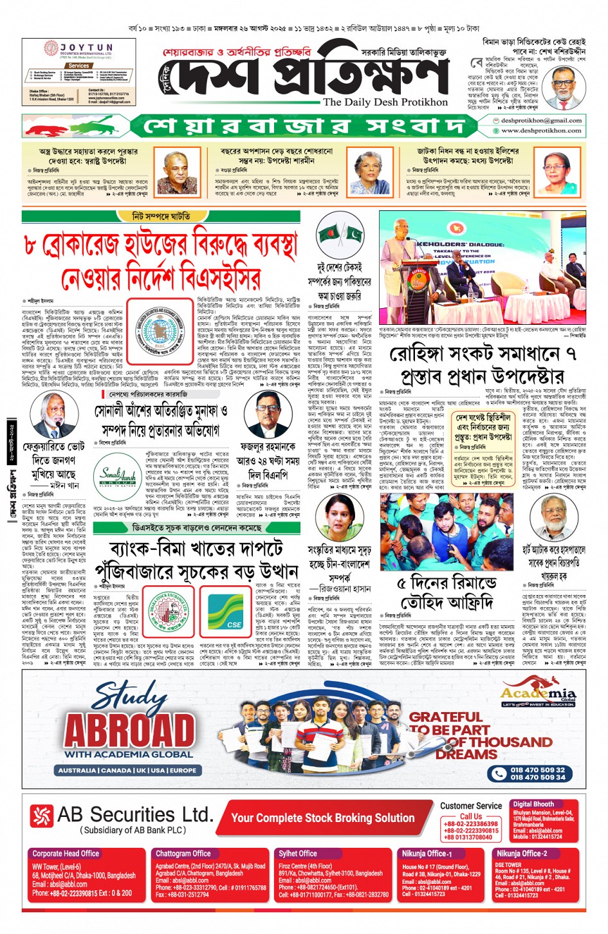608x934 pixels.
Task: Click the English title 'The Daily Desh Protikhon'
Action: point(385,102)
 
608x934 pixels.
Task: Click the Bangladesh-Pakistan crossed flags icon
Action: point(340,234)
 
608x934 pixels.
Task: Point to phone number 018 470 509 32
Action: point(537,769)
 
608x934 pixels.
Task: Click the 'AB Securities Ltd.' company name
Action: point(134,814)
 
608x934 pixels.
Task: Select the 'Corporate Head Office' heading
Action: point(66,854)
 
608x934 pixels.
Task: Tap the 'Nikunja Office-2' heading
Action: point(521,854)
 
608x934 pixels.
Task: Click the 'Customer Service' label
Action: point(471,805)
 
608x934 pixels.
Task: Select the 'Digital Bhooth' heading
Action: point(533,804)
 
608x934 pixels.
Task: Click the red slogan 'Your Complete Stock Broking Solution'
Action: point(322,818)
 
